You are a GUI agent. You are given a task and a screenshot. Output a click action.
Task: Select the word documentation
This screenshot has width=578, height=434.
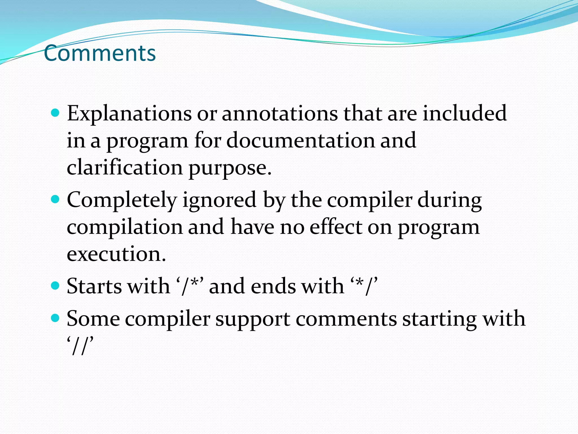tap(300, 140)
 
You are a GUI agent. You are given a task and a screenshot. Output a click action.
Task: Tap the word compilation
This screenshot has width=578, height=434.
tap(125, 227)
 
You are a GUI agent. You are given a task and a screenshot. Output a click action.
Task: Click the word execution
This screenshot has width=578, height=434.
tap(116, 254)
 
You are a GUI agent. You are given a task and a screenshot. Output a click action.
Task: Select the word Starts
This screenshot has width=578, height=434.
tap(94, 286)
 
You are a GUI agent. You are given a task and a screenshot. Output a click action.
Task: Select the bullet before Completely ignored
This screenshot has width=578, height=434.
tap(56, 200)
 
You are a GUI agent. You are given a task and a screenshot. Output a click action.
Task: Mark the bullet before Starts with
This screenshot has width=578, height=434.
tap(56, 286)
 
